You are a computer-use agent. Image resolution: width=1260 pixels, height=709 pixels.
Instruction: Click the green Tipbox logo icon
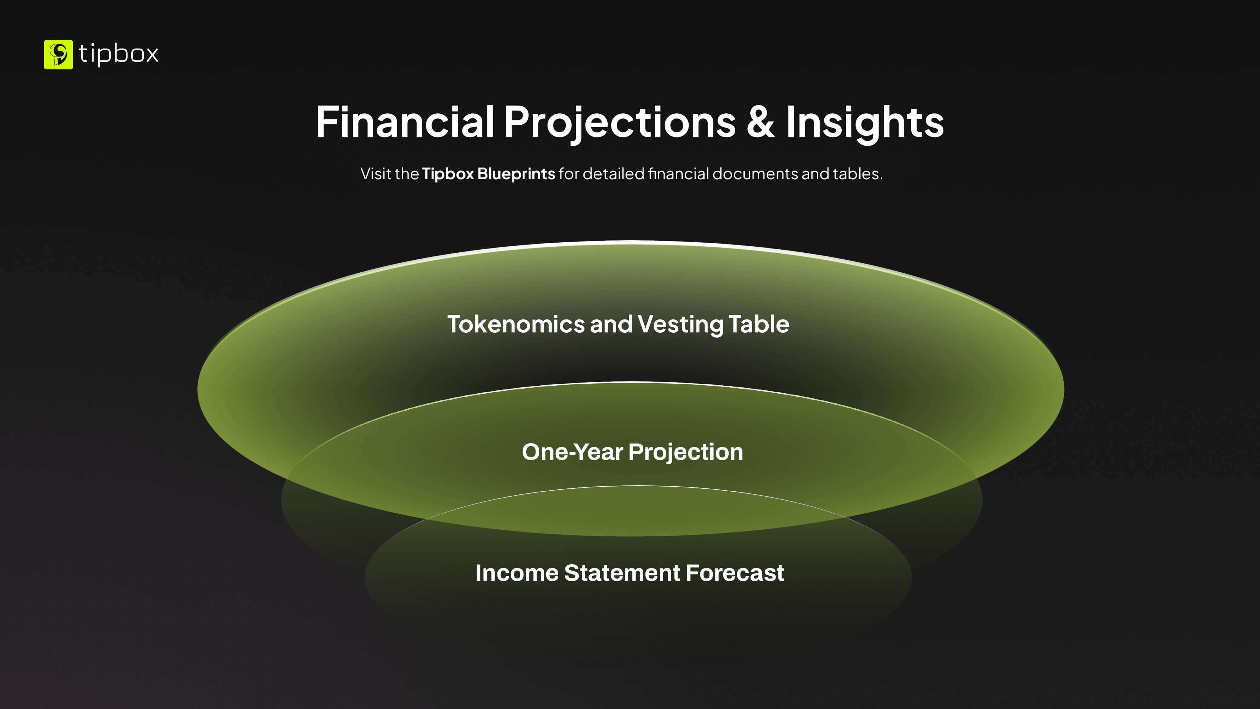pos(58,54)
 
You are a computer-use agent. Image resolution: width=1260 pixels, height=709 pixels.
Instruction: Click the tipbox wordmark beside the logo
pos(118,54)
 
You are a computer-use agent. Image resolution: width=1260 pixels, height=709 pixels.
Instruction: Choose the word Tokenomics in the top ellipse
pos(516,324)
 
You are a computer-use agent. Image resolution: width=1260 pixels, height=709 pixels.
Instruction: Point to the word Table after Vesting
pos(759,324)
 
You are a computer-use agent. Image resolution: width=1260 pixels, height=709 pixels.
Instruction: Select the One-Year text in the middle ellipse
pos(573,452)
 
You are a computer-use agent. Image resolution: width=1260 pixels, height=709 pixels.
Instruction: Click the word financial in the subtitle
pos(679,174)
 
